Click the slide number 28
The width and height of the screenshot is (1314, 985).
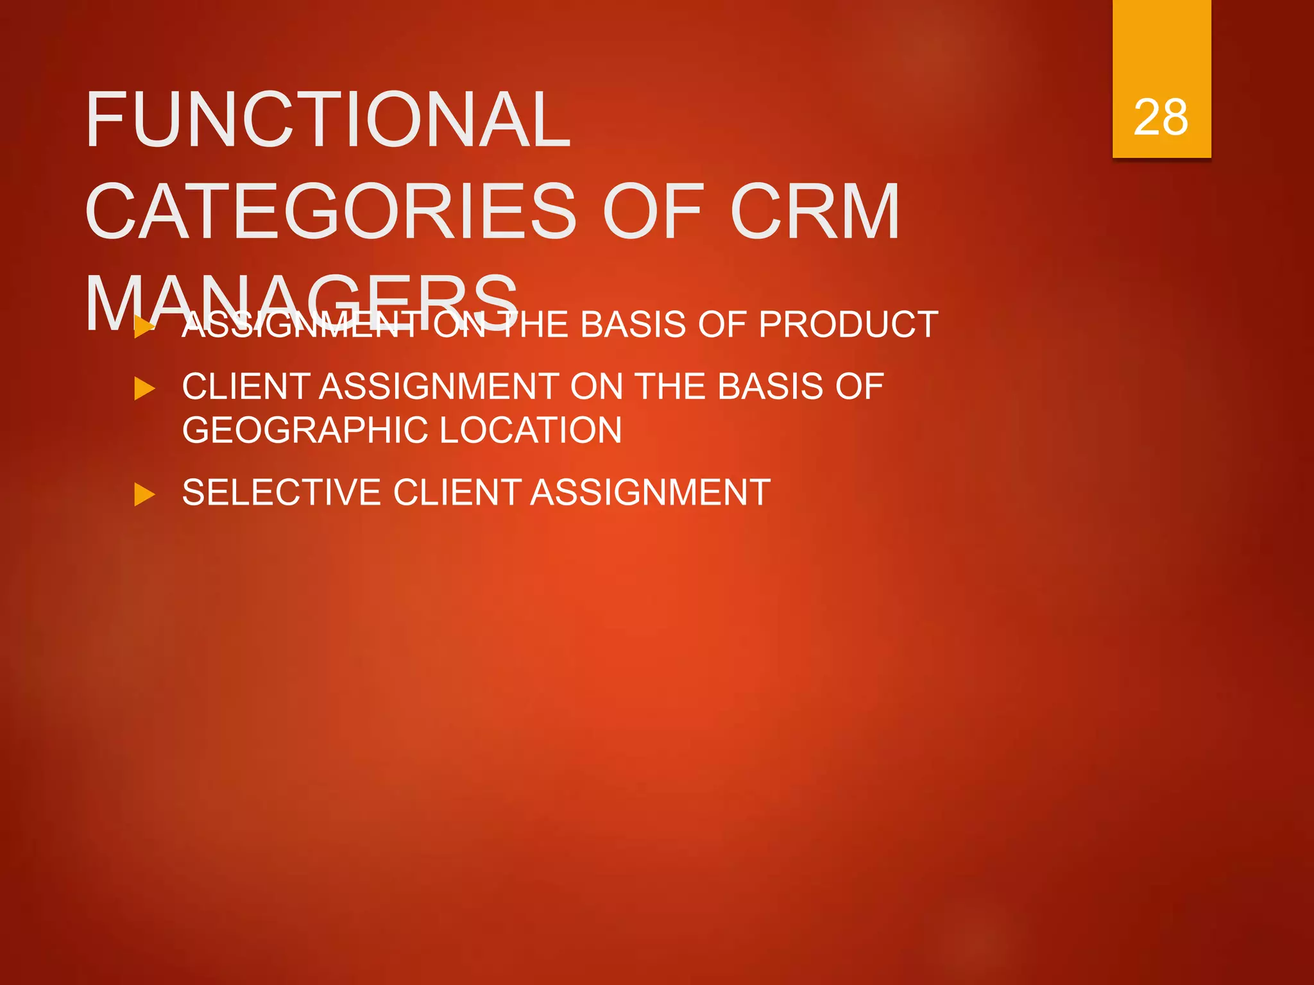(1161, 118)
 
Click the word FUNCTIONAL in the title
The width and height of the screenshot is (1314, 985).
(327, 120)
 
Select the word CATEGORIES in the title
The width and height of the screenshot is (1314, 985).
(330, 212)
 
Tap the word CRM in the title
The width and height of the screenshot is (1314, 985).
(814, 212)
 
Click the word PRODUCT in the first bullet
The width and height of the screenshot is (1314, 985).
(848, 324)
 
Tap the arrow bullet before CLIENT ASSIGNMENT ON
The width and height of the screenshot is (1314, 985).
(144, 389)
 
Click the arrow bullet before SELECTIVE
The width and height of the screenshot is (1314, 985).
(144, 494)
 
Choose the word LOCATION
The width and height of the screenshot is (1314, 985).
(531, 430)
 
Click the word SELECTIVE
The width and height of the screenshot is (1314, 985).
(282, 492)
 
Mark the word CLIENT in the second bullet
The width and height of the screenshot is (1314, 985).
(246, 387)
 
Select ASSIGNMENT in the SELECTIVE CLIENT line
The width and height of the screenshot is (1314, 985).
(651, 492)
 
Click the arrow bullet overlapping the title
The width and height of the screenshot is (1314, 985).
(144, 327)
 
